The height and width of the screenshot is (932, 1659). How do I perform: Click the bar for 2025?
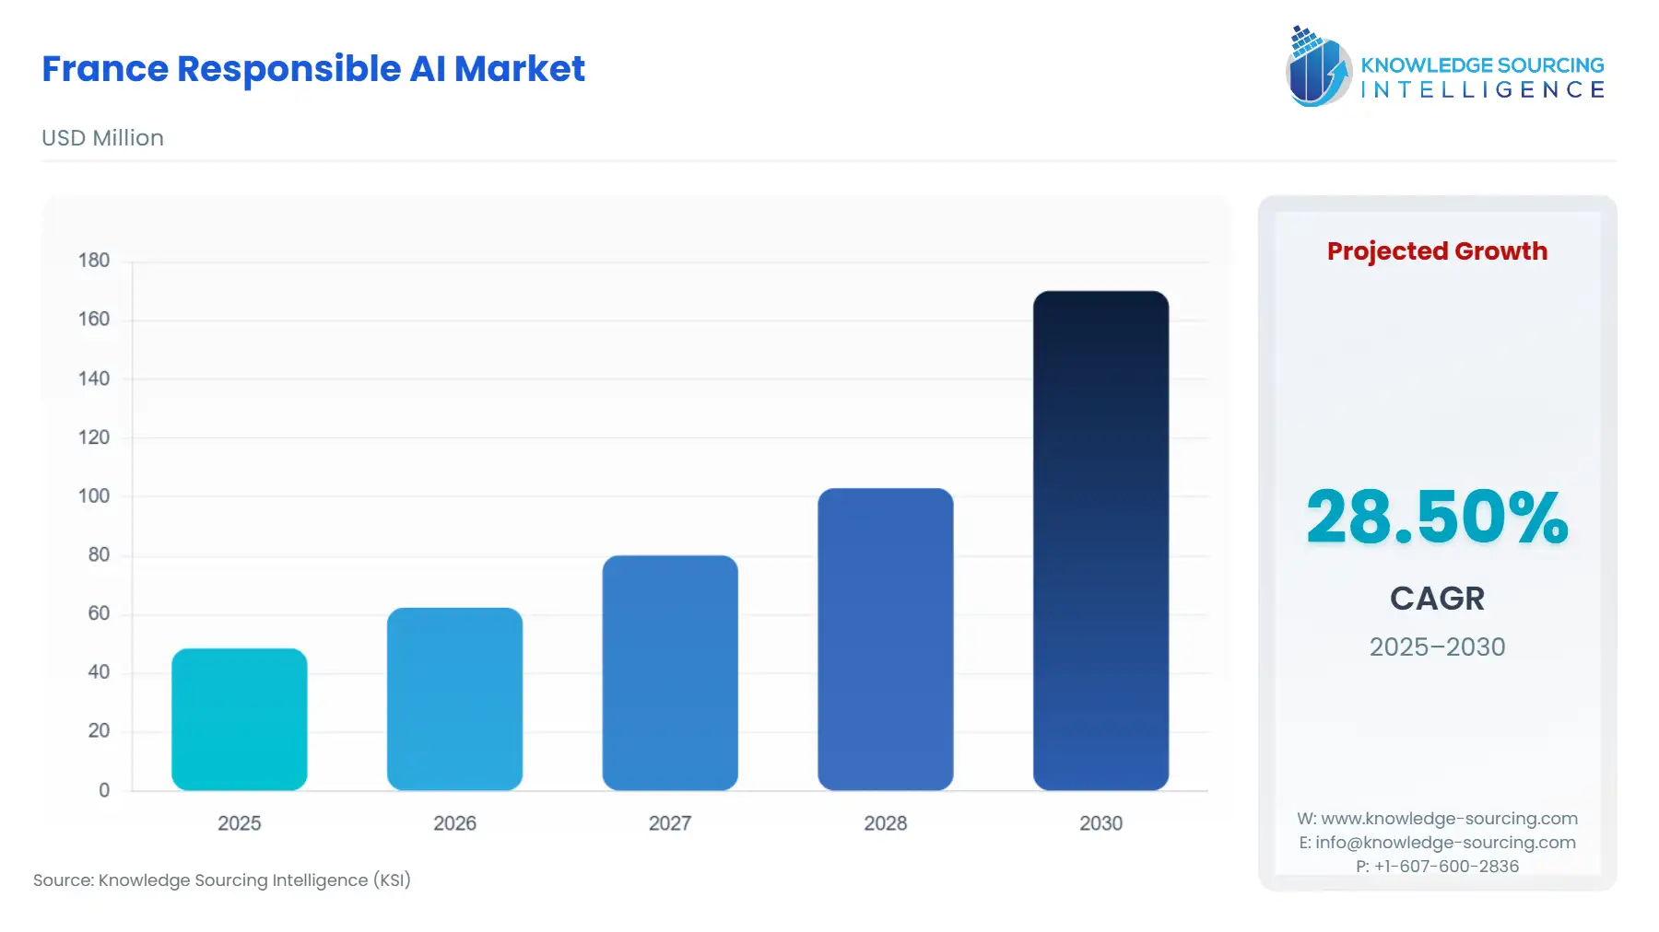[x=240, y=719]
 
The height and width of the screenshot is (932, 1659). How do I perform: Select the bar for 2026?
[x=454, y=699]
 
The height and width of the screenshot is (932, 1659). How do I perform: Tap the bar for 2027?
[x=670, y=672]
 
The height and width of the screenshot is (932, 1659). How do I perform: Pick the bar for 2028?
[x=886, y=639]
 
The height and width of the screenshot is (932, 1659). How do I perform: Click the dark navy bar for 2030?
[x=1100, y=541]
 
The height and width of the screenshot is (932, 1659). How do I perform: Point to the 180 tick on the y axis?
[x=94, y=261]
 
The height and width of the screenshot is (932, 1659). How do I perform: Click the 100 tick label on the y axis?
[x=94, y=496]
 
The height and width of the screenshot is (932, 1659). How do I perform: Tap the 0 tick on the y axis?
[x=104, y=790]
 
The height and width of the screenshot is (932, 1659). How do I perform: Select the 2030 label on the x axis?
[x=1100, y=823]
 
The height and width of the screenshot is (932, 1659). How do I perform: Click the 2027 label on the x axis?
[x=670, y=823]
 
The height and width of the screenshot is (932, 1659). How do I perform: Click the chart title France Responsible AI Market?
[x=313, y=69]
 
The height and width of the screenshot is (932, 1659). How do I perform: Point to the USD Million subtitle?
[x=102, y=138]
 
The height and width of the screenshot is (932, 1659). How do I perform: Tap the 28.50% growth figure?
[x=1437, y=517]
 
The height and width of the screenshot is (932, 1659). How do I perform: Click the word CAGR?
[x=1437, y=599]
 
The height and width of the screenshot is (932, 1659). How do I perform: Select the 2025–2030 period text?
[x=1437, y=647]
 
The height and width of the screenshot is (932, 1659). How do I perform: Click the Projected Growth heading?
[x=1437, y=251]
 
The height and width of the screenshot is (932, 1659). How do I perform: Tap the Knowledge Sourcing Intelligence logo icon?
[x=1318, y=66]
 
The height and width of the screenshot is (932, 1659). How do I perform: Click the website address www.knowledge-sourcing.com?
[x=1449, y=819]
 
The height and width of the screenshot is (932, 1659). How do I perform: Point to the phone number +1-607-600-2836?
[x=1446, y=867]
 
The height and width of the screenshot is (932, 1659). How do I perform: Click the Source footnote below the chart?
[x=222, y=880]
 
